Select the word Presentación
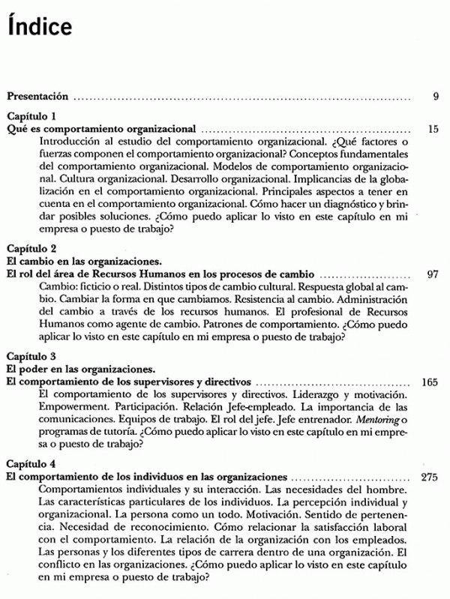tap(37, 96)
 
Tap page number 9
tap(435, 96)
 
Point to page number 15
tap(433, 129)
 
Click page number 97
tap(432, 274)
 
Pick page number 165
tap(430, 382)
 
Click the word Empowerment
tap(70, 408)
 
